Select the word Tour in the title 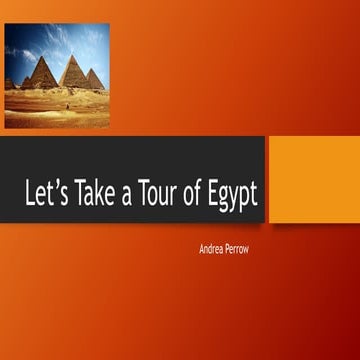click(x=160, y=195)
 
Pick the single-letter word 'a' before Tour click(x=126, y=197)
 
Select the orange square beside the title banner click(x=314, y=179)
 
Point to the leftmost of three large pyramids click(x=43, y=76)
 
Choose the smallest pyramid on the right click(x=95, y=80)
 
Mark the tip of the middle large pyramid click(x=73, y=56)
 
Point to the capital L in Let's click(x=30, y=195)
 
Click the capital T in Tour click(x=145, y=195)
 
